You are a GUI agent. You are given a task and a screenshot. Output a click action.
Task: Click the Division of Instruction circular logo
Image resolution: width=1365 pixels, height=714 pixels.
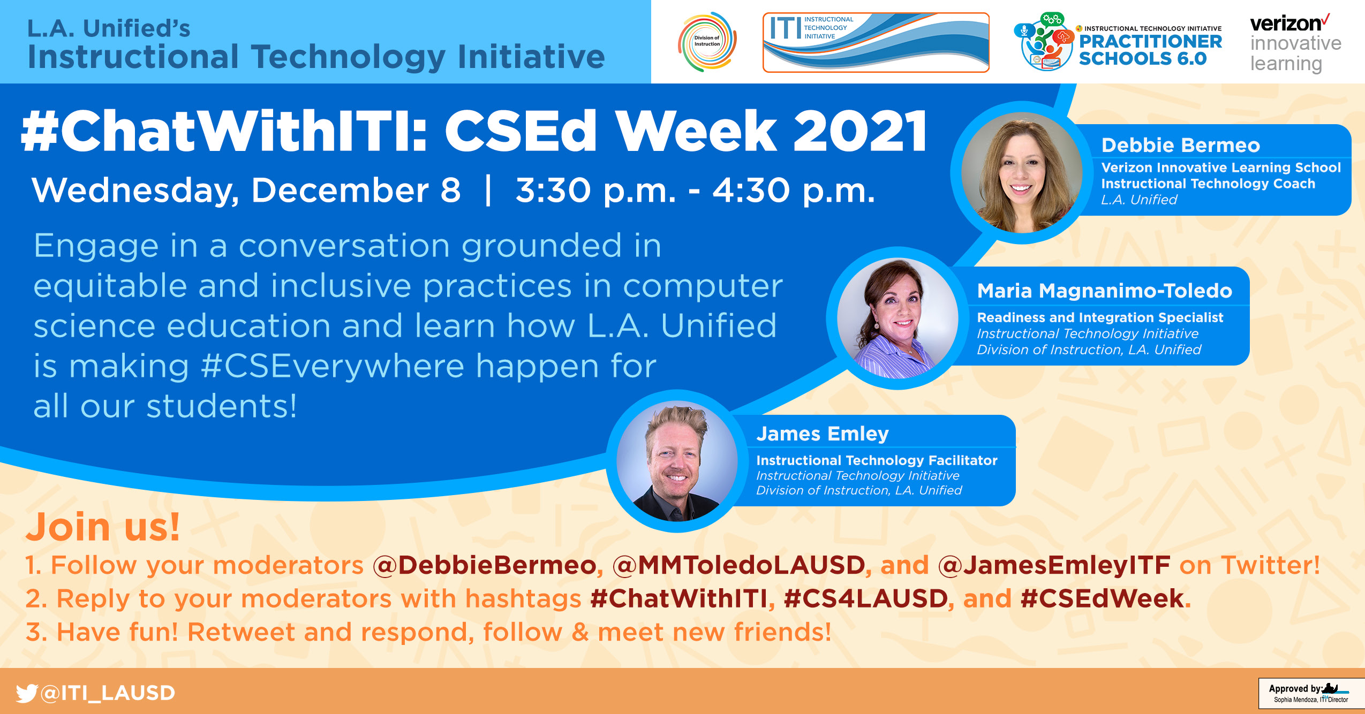click(707, 42)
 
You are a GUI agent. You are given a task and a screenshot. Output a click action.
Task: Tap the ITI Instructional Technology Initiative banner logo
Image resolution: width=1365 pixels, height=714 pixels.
click(876, 42)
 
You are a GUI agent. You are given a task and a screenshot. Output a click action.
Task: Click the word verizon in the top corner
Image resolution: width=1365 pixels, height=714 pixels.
click(1286, 24)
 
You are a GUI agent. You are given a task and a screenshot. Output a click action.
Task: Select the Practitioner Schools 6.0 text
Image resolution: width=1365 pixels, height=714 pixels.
click(1150, 50)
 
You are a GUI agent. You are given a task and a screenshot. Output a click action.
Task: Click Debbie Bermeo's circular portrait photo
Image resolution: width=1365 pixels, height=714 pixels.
click(1022, 172)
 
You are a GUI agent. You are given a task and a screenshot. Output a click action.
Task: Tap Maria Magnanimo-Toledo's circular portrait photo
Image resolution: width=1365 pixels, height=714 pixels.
click(898, 318)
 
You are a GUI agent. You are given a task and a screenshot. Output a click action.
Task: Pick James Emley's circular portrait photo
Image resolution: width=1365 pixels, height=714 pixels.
click(677, 461)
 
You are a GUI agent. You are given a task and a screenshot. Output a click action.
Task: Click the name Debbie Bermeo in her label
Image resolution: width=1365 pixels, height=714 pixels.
click(1180, 145)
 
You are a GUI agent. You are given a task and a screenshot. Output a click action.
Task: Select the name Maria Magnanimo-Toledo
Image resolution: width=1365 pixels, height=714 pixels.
click(1104, 291)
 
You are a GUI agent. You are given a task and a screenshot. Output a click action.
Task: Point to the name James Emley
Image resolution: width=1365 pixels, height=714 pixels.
click(822, 434)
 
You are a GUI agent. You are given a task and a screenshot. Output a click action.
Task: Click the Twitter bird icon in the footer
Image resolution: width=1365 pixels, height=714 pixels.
click(27, 693)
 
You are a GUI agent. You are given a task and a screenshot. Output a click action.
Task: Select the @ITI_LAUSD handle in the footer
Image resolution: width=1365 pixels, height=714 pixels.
click(108, 693)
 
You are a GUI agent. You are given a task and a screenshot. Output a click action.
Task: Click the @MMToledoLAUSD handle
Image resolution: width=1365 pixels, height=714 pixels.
click(738, 565)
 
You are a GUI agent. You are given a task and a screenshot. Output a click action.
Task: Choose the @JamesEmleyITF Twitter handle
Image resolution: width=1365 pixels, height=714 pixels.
click(1054, 565)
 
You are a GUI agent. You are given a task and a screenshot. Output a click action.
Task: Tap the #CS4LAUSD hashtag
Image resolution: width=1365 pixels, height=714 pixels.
click(865, 598)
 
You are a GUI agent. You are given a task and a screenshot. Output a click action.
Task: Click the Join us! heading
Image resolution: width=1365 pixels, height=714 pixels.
click(103, 527)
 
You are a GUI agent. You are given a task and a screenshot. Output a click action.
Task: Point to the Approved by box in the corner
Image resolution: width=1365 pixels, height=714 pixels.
click(1311, 694)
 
